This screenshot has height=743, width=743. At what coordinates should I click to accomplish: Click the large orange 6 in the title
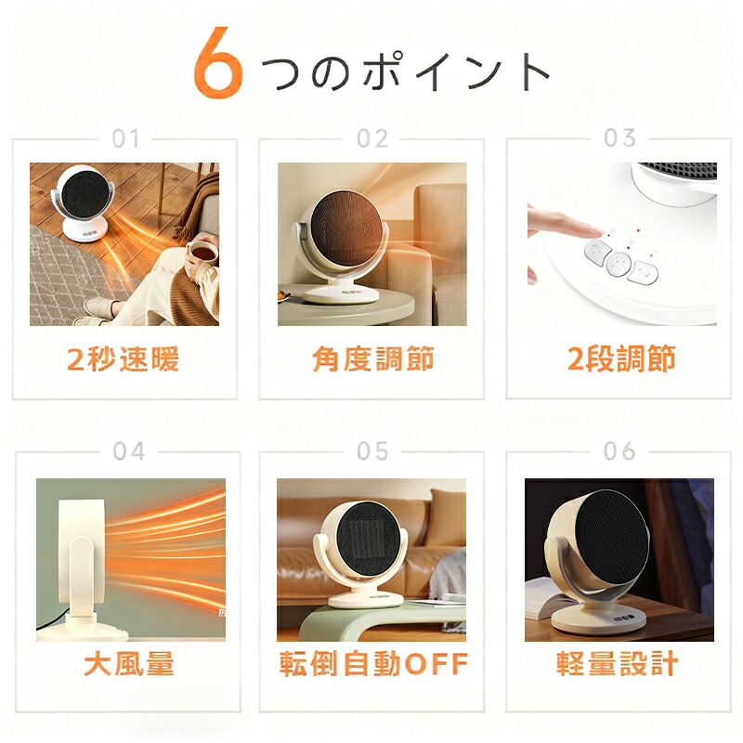217,63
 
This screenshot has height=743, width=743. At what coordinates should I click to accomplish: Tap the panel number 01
125,138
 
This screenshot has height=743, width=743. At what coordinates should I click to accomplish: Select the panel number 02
372,138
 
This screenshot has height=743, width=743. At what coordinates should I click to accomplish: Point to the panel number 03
619,137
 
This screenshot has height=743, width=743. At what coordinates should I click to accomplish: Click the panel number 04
129,451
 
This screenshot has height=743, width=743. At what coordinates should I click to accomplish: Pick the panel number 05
372,451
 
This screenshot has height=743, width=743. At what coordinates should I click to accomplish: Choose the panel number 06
619,451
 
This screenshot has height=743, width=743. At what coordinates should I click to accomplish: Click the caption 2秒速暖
124,358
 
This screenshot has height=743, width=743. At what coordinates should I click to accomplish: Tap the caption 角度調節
373,358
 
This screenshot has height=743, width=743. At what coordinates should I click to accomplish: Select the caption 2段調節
621,358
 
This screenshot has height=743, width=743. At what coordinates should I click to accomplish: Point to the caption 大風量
129,663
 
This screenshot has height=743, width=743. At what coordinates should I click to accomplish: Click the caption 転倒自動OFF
373,663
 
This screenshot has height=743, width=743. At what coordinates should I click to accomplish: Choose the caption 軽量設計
617,663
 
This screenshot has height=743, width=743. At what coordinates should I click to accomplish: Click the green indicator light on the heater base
652,255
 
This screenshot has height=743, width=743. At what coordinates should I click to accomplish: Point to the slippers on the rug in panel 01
98,310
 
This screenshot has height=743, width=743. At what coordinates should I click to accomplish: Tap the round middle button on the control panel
619,263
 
